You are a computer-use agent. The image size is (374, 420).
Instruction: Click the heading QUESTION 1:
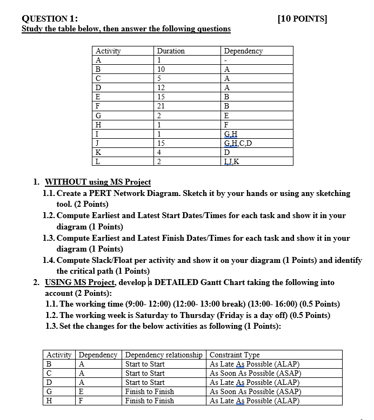point(50,18)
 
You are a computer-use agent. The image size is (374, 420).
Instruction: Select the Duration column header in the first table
point(171,51)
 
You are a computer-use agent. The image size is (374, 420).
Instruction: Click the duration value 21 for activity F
point(162,106)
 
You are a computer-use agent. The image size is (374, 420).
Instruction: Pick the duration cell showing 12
point(162,87)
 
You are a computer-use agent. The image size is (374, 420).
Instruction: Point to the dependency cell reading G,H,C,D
point(238,143)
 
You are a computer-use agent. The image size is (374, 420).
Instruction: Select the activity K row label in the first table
point(98,152)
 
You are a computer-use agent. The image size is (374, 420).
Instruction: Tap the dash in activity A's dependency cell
point(226,60)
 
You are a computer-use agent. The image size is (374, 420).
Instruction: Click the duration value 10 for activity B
point(162,69)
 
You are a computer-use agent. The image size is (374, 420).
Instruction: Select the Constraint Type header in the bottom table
point(235,355)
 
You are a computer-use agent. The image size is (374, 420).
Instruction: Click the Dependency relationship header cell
point(164,355)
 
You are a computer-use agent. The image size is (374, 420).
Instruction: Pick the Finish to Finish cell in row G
point(150,391)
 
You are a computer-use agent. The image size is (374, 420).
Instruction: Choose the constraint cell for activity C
point(255,373)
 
